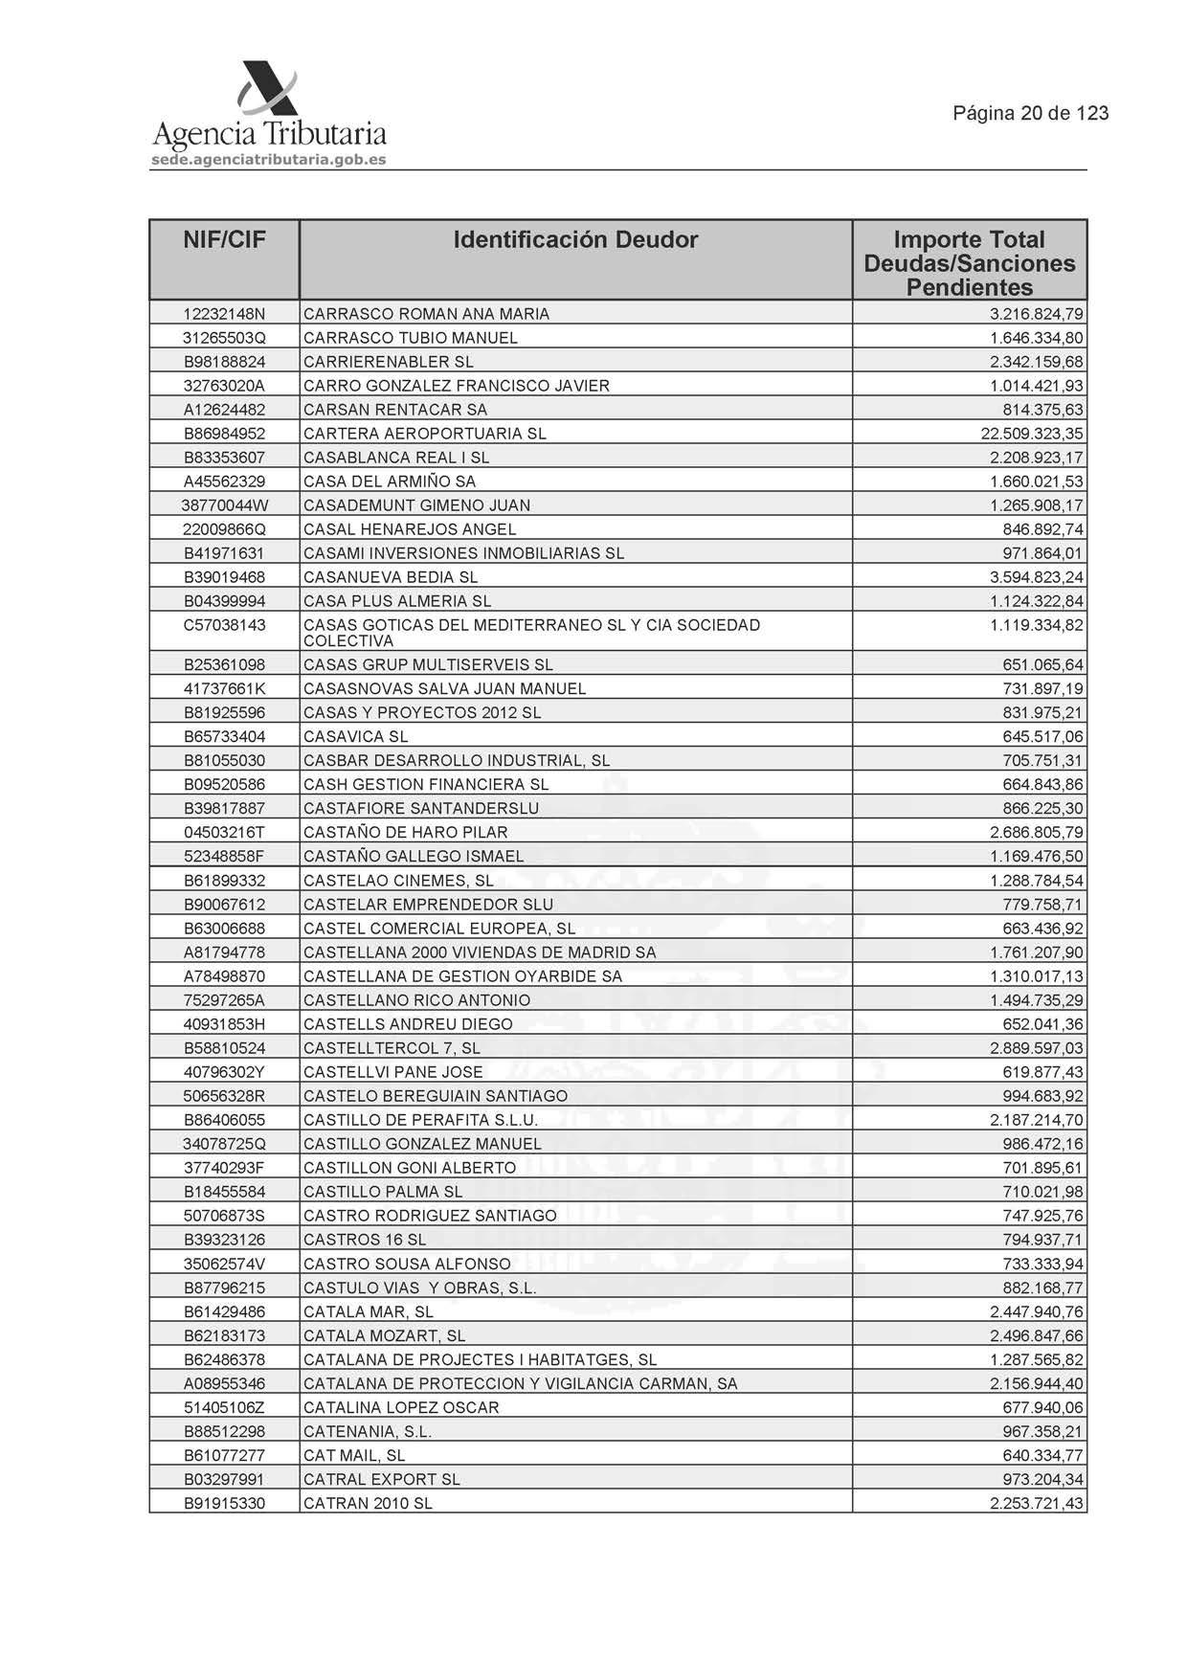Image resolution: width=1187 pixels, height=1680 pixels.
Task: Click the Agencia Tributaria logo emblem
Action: pos(268,88)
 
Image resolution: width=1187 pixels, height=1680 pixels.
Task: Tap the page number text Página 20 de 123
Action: pos(1030,114)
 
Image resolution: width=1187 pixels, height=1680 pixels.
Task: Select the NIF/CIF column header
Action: pos(224,240)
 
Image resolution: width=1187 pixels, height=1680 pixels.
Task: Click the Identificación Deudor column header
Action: pos(575,240)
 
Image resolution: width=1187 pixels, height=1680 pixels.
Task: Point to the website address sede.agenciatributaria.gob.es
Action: pos(269,160)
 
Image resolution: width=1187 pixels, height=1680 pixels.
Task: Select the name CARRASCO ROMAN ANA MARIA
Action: pos(426,314)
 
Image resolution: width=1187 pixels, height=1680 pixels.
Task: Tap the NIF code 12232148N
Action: pos(224,314)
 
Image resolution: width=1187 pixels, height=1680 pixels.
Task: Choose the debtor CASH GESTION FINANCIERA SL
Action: pos(426,785)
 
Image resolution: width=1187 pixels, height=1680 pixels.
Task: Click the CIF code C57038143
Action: pos(224,625)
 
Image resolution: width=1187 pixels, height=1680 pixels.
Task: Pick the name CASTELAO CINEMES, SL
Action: pos(398,881)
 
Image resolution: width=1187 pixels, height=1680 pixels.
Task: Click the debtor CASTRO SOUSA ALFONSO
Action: pos(407,1265)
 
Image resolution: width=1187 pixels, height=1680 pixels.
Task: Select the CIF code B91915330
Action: pos(224,1504)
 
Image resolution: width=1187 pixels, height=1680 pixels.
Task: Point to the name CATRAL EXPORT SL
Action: pos(382,1480)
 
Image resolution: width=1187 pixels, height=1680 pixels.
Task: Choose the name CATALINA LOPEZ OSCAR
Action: pos(401,1408)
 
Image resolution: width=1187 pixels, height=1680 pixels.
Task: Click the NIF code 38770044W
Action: pos(224,505)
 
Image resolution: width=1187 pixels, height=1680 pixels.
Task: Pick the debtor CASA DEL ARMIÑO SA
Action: pos(390,482)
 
